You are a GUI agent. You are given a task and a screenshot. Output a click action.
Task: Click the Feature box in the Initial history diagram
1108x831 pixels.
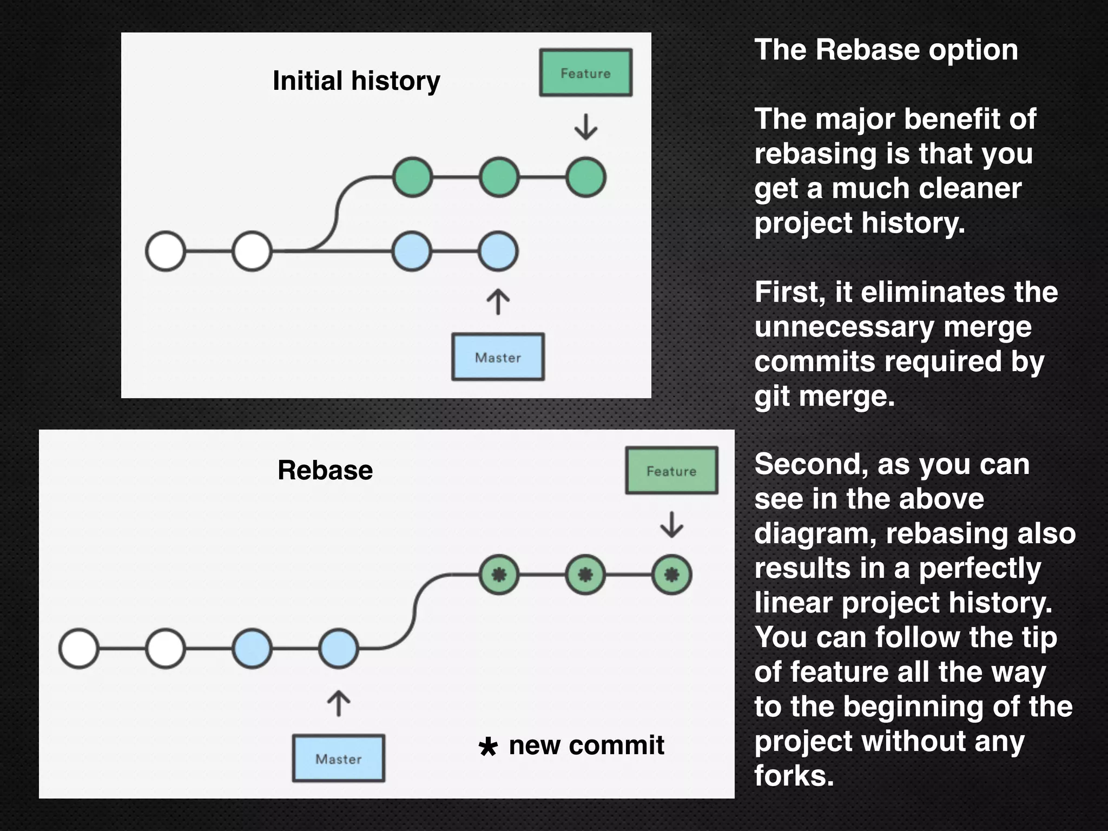tap(585, 72)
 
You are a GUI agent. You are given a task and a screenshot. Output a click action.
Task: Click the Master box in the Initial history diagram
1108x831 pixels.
tap(498, 357)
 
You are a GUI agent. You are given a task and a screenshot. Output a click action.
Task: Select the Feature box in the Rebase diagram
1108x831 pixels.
tap(671, 470)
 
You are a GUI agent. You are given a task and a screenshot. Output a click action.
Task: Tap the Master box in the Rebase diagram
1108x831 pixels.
tap(339, 758)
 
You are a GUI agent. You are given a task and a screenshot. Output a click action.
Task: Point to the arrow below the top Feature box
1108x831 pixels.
tap(585, 127)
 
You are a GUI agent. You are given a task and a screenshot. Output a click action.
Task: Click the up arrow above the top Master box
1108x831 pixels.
tap(498, 301)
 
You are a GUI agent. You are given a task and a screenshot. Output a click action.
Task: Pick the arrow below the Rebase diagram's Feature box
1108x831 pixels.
tap(671, 524)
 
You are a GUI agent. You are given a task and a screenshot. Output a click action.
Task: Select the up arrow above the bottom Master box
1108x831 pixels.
tap(339, 703)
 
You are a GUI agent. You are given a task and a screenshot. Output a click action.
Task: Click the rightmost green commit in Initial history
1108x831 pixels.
tap(585, 177)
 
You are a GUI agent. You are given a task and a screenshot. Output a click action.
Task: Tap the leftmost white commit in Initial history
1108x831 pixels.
tap(166, 251)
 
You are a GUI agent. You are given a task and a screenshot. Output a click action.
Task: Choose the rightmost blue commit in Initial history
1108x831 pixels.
tap(498, 251)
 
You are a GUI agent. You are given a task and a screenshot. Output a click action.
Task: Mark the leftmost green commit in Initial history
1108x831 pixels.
tap(413, 177)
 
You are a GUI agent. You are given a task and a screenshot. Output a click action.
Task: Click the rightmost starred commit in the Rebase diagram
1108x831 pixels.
tap(671, 575)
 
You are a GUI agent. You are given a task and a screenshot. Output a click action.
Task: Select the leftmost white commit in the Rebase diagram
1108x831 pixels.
tap(79, 648)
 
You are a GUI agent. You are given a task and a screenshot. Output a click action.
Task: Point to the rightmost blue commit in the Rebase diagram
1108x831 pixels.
tap(339, 648)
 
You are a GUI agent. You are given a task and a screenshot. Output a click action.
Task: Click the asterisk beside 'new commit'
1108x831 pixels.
tap(488, 747)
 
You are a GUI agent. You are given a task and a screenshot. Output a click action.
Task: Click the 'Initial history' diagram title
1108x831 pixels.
tap(356, 81)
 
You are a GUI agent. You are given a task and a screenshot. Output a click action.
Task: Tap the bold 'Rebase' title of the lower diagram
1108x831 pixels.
tap(325, 470)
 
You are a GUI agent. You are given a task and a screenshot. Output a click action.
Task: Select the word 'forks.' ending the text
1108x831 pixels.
tap(794, 776)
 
